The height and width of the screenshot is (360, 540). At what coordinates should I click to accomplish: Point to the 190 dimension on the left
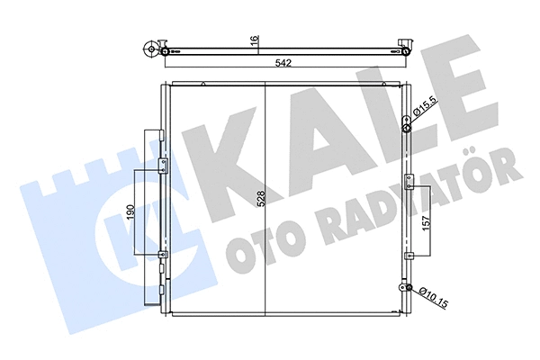[x=131, y=213]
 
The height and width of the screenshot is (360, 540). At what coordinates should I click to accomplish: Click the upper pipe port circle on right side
[x=406, y=129]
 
